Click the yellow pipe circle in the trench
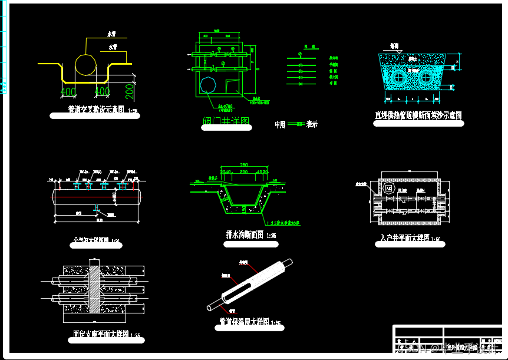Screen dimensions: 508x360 pyautogui.click(x=86, y=64)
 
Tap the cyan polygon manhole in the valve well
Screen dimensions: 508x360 pyautogui.click(x=207, y=84)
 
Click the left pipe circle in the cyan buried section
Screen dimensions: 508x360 pyautogui.click(x=400, y=77)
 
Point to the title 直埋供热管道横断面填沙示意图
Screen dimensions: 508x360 pyautogui.click(x=418, y=115)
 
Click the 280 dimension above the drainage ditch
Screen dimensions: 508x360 pyautogui.click(x=243, y=164)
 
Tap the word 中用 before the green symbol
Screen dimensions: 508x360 pyautogui.click(x=280, y=124)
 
